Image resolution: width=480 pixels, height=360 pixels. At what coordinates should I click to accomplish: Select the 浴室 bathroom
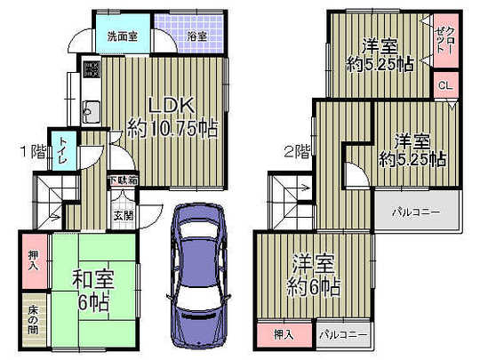(196, 36)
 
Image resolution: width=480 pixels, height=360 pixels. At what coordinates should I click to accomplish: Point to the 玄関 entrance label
(122, 214)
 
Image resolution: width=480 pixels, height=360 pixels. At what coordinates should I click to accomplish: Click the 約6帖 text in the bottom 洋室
(313, 286)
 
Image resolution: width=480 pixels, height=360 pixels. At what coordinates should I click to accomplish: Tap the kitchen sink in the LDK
(91, 113)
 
